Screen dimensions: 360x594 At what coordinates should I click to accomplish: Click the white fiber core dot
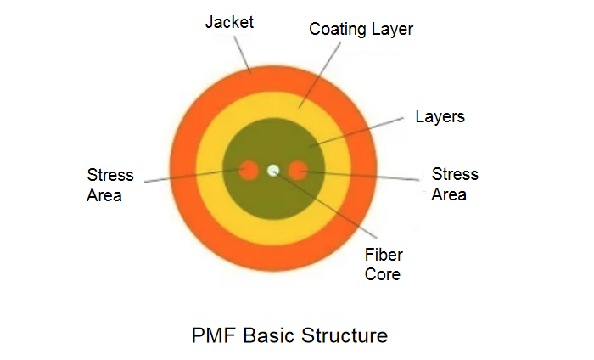[272, 171]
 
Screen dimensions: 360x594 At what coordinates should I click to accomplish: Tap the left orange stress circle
[248, 171]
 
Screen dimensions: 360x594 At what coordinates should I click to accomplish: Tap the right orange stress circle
[297, 171]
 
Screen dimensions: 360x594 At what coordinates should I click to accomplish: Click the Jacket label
[229, 21]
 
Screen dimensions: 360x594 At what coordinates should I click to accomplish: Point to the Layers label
[440, 116]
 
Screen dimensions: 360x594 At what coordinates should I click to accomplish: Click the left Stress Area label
[109, 185]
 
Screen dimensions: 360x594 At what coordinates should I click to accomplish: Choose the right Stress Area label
[455, 184]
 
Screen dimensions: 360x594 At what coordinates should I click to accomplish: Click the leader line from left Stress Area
[187, 177]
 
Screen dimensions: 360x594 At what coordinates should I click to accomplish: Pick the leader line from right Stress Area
[365, 176]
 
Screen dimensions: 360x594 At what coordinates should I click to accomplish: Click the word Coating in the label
[336, 29]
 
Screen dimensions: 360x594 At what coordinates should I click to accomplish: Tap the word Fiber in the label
[383, 255]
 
